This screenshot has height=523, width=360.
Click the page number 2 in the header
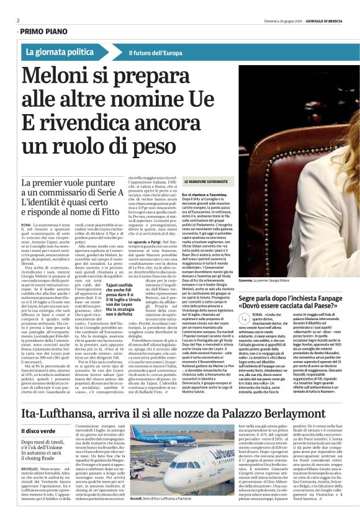tap(17, 20)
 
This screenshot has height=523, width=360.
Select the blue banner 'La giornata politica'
tap(60, 52)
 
